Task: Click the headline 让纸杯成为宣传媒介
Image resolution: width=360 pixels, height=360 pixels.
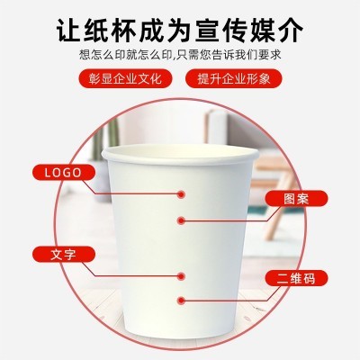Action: click(179, 30)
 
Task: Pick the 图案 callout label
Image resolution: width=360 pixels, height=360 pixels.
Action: click(296, 199)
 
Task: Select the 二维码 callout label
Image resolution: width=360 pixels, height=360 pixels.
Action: click(295, 279)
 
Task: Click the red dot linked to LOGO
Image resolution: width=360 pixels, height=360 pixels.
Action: click(183, 193)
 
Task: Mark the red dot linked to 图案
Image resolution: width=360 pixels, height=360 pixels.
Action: click(183, 220)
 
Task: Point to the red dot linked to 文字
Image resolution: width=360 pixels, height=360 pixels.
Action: click(183, 274)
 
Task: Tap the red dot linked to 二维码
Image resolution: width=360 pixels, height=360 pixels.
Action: click(183, 301)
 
